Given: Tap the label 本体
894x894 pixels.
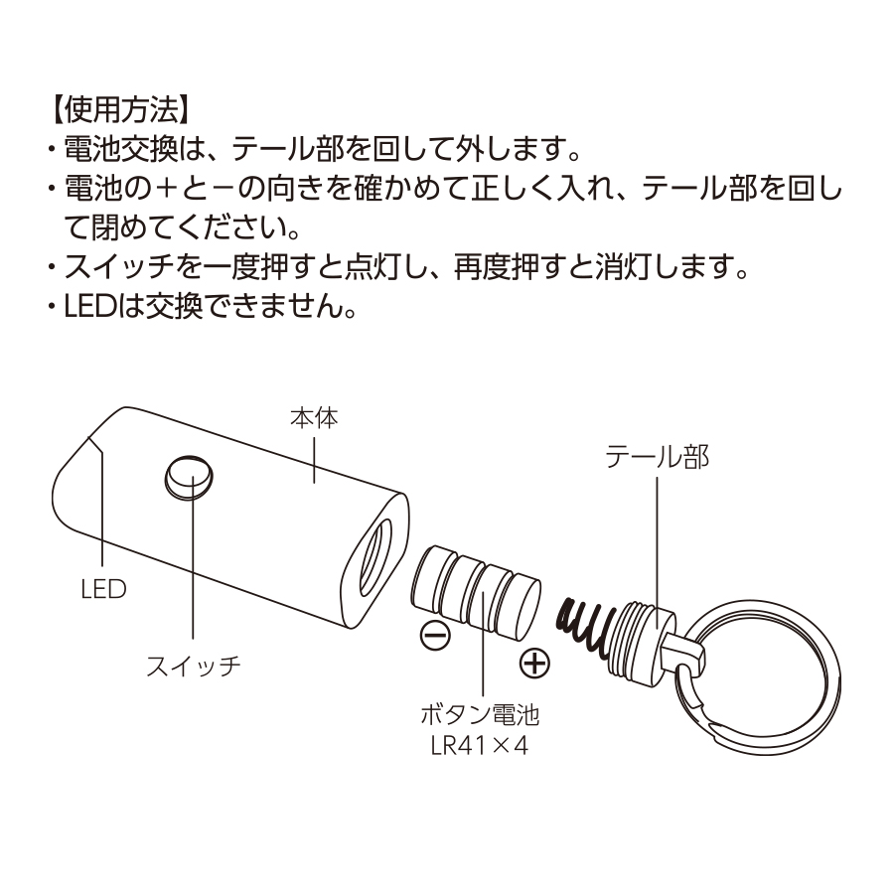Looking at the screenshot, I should click(314, 418).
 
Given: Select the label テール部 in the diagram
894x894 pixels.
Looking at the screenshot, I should click(659, 457).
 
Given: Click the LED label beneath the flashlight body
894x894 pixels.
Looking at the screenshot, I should click(103, 589).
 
